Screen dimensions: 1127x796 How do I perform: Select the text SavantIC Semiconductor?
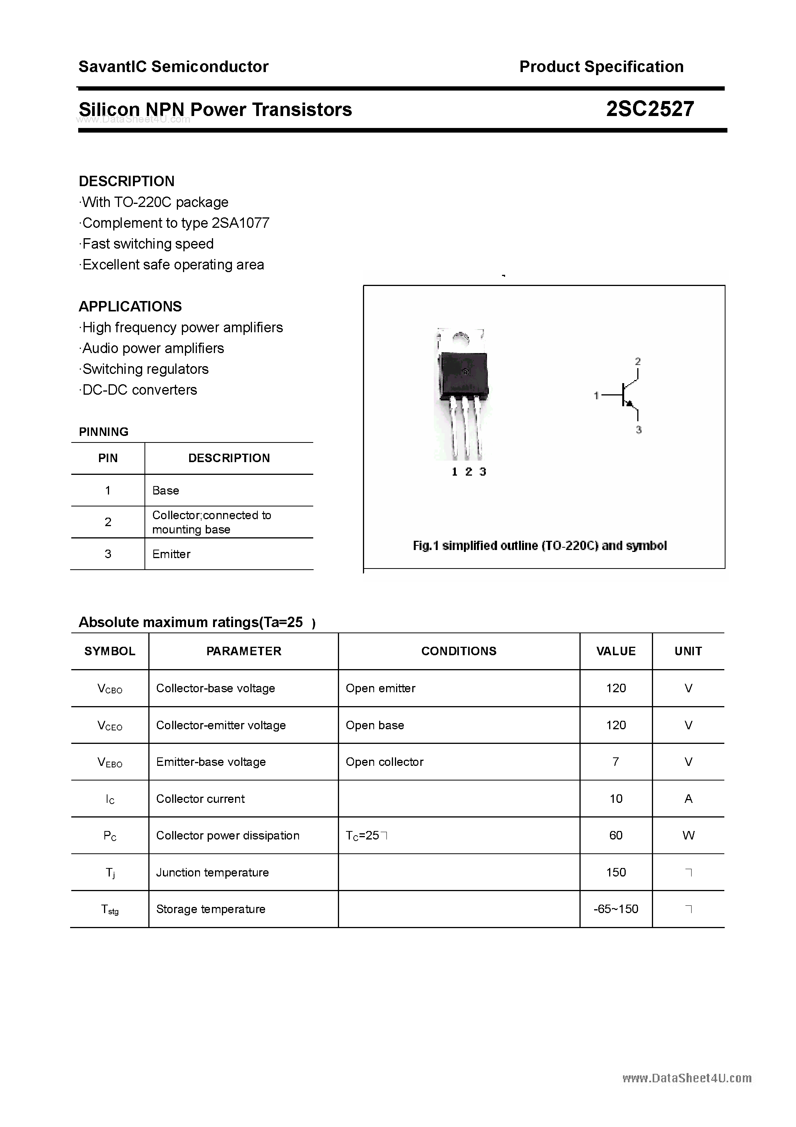coord(173,67)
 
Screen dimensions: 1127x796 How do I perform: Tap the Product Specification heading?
coord(601,67)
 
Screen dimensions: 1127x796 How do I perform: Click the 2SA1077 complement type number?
coord(240,223)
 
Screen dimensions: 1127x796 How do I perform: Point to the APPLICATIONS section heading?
coord(130,306)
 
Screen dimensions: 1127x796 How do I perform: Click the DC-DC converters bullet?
coord(139,390)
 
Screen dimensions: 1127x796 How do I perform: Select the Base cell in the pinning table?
coord(166,490)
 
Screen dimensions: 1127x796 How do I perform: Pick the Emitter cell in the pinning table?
coord(171,554)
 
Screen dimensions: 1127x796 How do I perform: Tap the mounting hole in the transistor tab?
coord(461,339)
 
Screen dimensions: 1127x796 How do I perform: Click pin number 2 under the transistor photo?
coord(469,472)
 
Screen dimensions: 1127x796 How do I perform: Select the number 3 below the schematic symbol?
coord(638,430)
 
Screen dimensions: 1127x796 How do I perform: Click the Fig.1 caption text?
coord(540,546)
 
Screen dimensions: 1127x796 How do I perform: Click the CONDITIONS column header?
coord(459,651)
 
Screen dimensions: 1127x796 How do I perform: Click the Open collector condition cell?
coord(384,762)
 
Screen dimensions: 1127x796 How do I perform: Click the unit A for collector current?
coord(688,799)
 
